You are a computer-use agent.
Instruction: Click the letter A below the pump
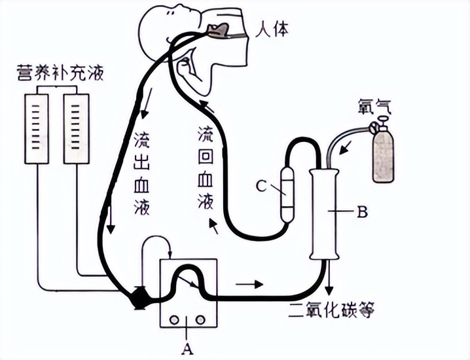[x=188, y=348]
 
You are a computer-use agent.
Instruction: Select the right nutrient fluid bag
[x=77, y=128]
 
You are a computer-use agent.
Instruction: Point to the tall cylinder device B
[x=325, y=213]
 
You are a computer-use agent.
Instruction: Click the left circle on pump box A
[x=175, y=319]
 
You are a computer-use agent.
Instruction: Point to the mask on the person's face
[x=221, y=30]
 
